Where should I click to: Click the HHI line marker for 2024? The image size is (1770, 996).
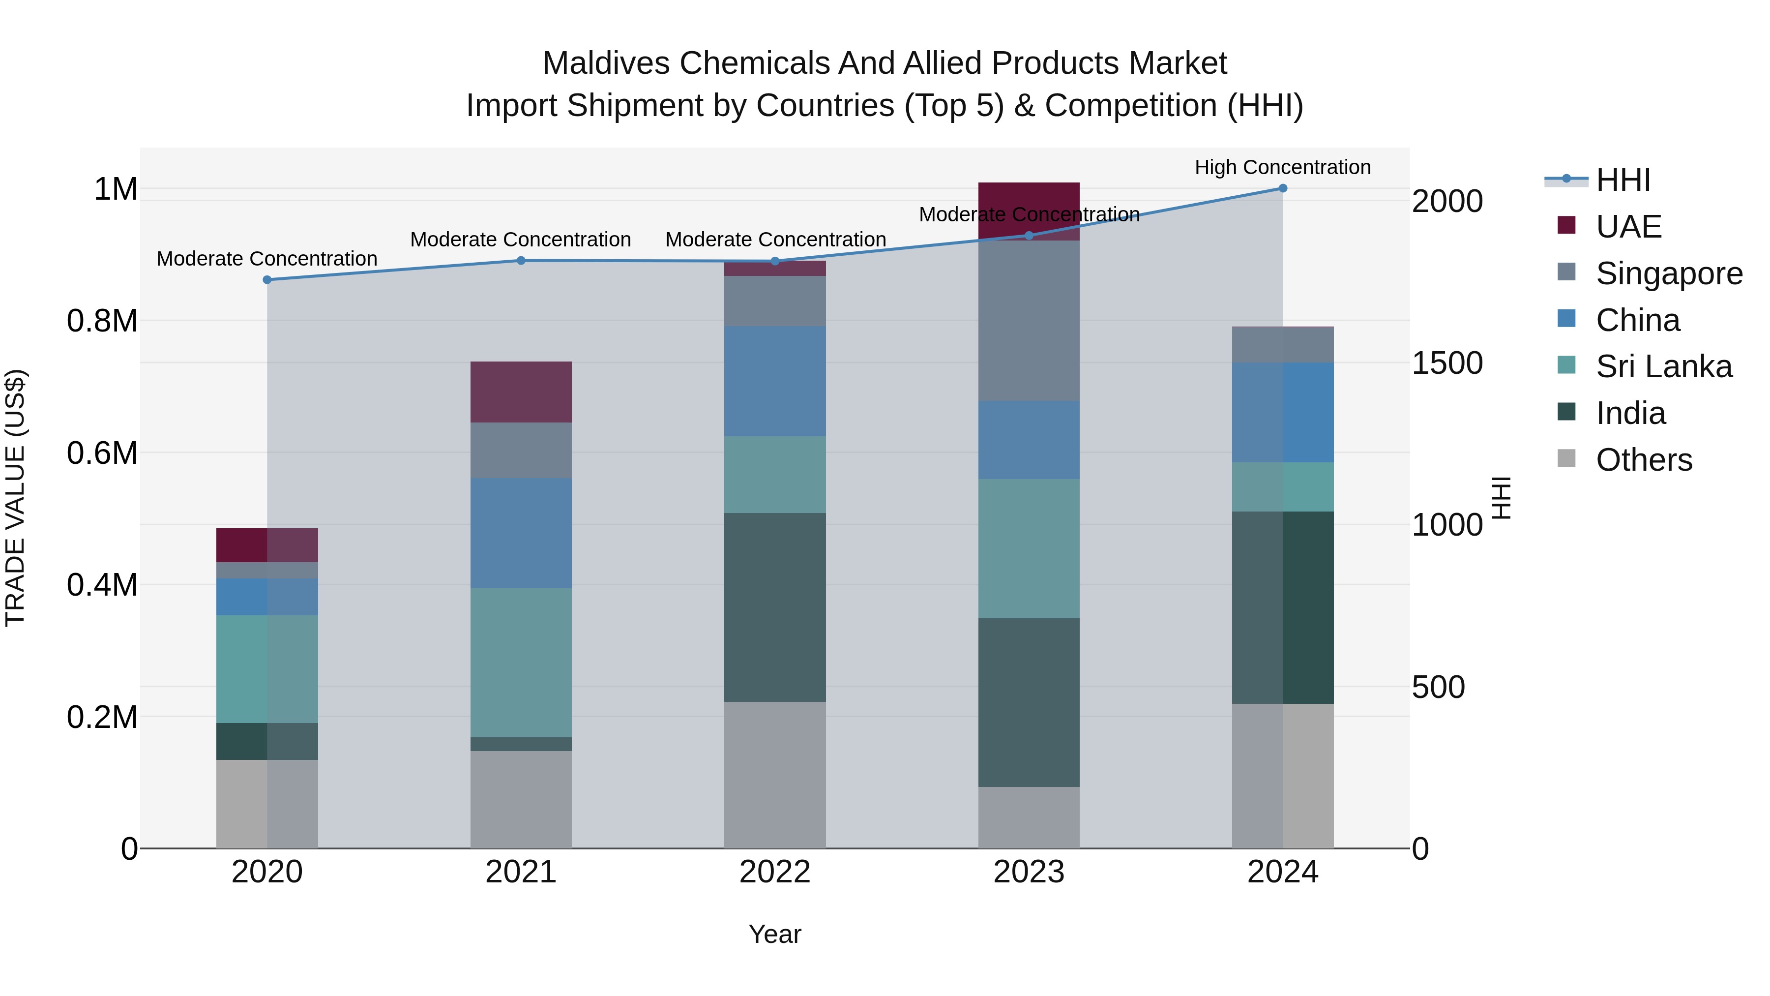1282,188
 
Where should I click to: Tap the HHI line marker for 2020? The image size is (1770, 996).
267,280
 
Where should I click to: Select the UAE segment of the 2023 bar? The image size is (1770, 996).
1029,199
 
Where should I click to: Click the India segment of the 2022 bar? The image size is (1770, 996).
774,607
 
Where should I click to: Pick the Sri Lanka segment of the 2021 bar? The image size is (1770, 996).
521,663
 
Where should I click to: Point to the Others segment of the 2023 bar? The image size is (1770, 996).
1029,817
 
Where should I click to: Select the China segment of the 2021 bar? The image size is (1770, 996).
521,533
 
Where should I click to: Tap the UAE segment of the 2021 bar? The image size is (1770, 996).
521,392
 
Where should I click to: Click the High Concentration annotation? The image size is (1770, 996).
1282,167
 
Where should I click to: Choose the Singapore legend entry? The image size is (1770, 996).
1668,273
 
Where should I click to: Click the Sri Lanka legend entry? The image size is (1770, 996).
1663,366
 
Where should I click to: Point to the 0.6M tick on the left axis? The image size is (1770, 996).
102,453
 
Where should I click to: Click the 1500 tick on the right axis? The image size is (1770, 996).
1447,363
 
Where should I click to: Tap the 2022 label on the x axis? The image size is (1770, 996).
774,872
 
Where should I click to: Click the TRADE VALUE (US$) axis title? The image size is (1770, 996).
15,498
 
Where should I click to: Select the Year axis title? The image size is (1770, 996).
774,934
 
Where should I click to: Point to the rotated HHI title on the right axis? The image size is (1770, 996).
1502,498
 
